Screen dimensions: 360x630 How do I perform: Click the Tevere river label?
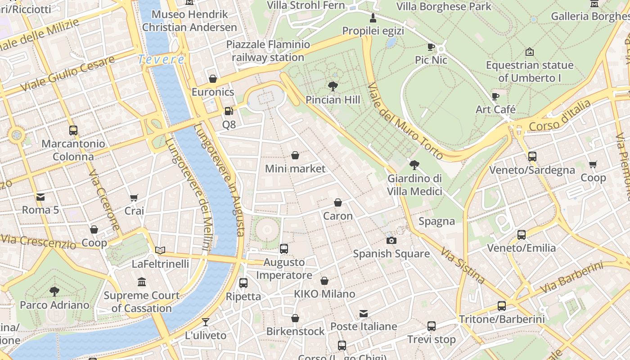pos(161,59)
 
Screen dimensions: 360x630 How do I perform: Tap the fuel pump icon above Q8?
pos(229,111)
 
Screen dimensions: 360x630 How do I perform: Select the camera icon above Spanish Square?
pos(391,240)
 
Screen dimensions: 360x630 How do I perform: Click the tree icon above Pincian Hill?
pos(333,86)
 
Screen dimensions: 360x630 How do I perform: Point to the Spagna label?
pos(436,221)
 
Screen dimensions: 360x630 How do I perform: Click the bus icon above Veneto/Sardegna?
pos(532,157)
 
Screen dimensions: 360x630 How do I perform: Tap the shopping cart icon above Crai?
pos(134,198)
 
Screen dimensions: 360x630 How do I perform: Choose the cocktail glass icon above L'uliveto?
pos(206,322)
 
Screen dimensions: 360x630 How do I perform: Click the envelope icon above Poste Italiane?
pos(364,313)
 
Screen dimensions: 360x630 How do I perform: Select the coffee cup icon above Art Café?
pos(495,96)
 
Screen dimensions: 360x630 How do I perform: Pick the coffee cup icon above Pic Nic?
pos(431,47)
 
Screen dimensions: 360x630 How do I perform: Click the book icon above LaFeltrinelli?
pos(160,250)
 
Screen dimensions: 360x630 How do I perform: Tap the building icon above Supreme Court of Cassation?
pos(142,282)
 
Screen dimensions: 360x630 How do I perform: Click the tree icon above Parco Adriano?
pos(54,291)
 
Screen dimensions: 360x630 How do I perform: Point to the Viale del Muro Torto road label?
pos(405,121)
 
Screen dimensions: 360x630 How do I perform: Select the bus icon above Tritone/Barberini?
pos(502,306)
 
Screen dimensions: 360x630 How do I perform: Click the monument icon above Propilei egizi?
pos(373,18)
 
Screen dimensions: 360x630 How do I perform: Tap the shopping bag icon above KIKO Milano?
pos(324,281)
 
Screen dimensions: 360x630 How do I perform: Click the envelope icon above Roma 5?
pos(40,197)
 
